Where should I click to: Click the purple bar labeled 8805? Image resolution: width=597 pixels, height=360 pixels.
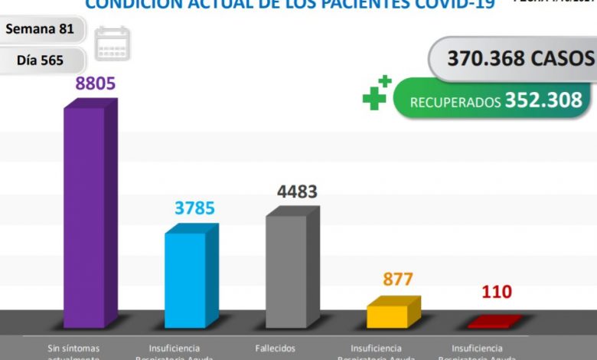click(x=84, y=218)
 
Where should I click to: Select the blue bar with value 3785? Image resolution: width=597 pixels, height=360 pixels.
click(x=185, y=279)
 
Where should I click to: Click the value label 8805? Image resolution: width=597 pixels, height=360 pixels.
click(x=96, y=83)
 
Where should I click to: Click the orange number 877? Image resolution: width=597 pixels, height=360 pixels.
click(x=398, y=280)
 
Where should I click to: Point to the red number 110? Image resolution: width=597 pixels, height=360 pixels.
click(x=497, y=292)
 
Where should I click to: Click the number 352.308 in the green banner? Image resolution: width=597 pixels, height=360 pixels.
click(x=543, y=100)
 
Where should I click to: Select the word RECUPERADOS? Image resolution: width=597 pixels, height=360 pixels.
click(x=455, y=102)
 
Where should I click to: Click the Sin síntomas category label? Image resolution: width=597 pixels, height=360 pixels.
click(x=73, y=349)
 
